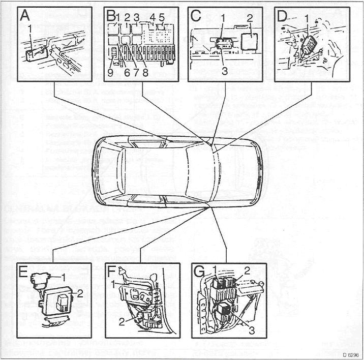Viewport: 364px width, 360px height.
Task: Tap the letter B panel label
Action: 111,17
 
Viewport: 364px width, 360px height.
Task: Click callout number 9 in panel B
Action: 110,71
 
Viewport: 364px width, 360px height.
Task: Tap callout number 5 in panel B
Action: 162,17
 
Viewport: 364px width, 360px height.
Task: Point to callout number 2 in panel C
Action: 250,18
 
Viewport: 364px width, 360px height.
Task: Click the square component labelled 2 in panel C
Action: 250,40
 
